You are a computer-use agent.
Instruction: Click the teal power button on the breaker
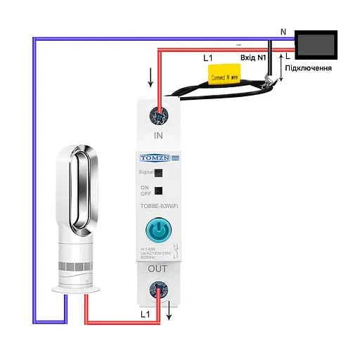tap(161, 231)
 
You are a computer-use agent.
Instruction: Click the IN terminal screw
tap(161, 112)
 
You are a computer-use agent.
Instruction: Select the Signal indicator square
tap(160, 172)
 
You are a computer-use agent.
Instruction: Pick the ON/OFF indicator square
tap(160, 190)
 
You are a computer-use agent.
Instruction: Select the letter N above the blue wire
tap(283, 32)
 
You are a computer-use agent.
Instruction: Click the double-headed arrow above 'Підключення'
tap(282, 67)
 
